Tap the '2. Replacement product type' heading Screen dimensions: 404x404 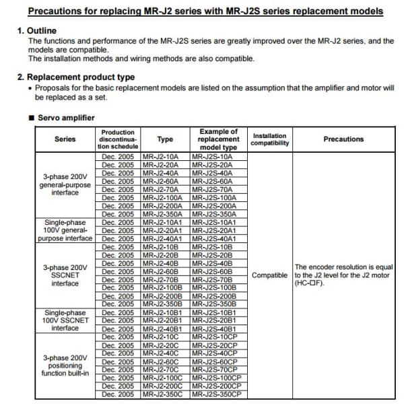point(75,77)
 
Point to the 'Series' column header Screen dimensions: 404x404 point(65,139)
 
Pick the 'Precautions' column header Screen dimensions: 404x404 point(343,139)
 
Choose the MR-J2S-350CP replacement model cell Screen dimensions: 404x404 point(217,394)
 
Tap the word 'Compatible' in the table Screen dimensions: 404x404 point(269,275)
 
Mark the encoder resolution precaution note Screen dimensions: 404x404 point(343,275)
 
